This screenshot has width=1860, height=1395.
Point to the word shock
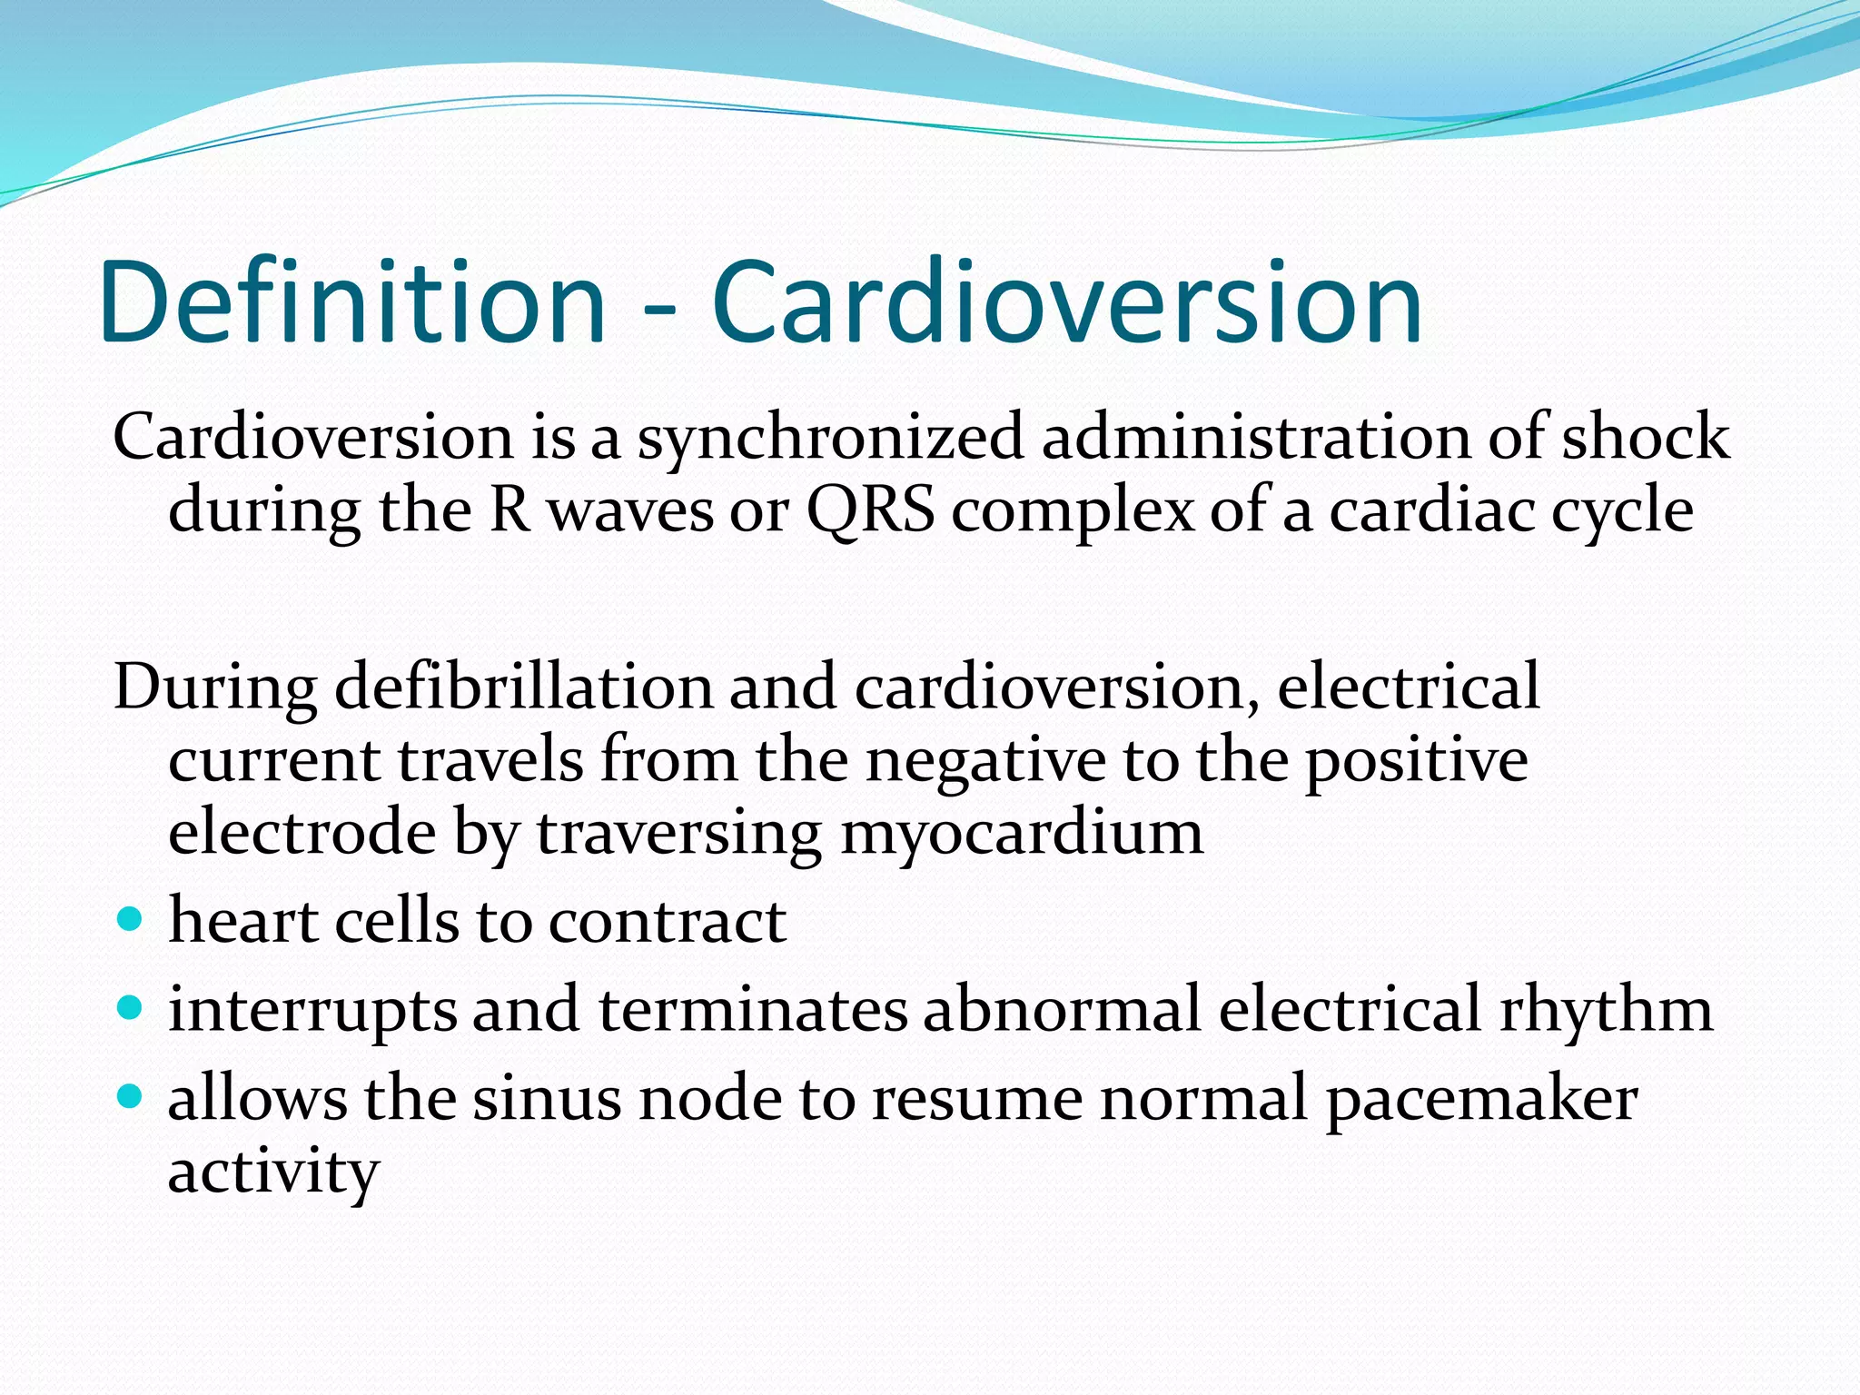[1645, 437]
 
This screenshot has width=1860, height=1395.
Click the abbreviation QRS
[870, 511]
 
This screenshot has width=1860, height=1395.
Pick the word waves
[631, 511]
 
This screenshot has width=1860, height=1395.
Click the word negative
[985, 760]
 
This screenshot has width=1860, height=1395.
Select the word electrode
[302, 833]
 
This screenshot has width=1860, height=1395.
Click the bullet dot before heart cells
[131, 920]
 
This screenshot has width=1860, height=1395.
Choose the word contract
[668, 922]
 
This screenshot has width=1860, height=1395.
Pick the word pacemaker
[1481, 1100]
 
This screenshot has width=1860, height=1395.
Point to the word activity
[272, 1172]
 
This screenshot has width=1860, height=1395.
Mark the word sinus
[547, 1098]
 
